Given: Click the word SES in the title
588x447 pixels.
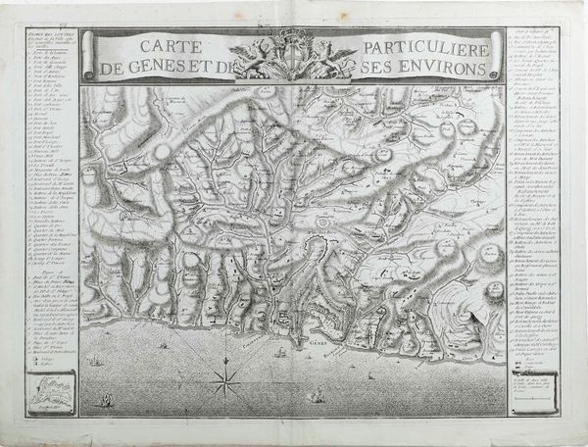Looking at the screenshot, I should click(379, 69).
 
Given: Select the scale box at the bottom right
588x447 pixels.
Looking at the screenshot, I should click(531, 401).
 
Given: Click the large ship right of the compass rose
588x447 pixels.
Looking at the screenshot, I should click(317, 395).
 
